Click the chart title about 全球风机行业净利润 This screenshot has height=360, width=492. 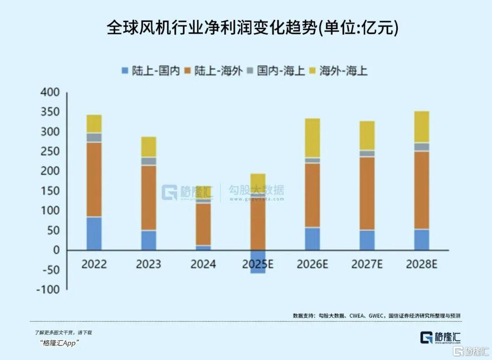click(252, 28)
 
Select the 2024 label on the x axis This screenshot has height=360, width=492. click(203, 264)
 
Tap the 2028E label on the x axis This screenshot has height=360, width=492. click(422, 264)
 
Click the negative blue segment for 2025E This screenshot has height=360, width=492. click(258, 262)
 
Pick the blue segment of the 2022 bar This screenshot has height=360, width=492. click(94, 233)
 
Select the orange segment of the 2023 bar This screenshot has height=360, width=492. click(149, 198)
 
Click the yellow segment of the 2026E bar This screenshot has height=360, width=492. click(313, 138)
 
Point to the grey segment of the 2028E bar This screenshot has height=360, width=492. click(422, 147)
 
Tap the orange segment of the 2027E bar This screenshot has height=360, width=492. click(367, 193)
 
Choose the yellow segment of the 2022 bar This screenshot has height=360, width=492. click(94, 124)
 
